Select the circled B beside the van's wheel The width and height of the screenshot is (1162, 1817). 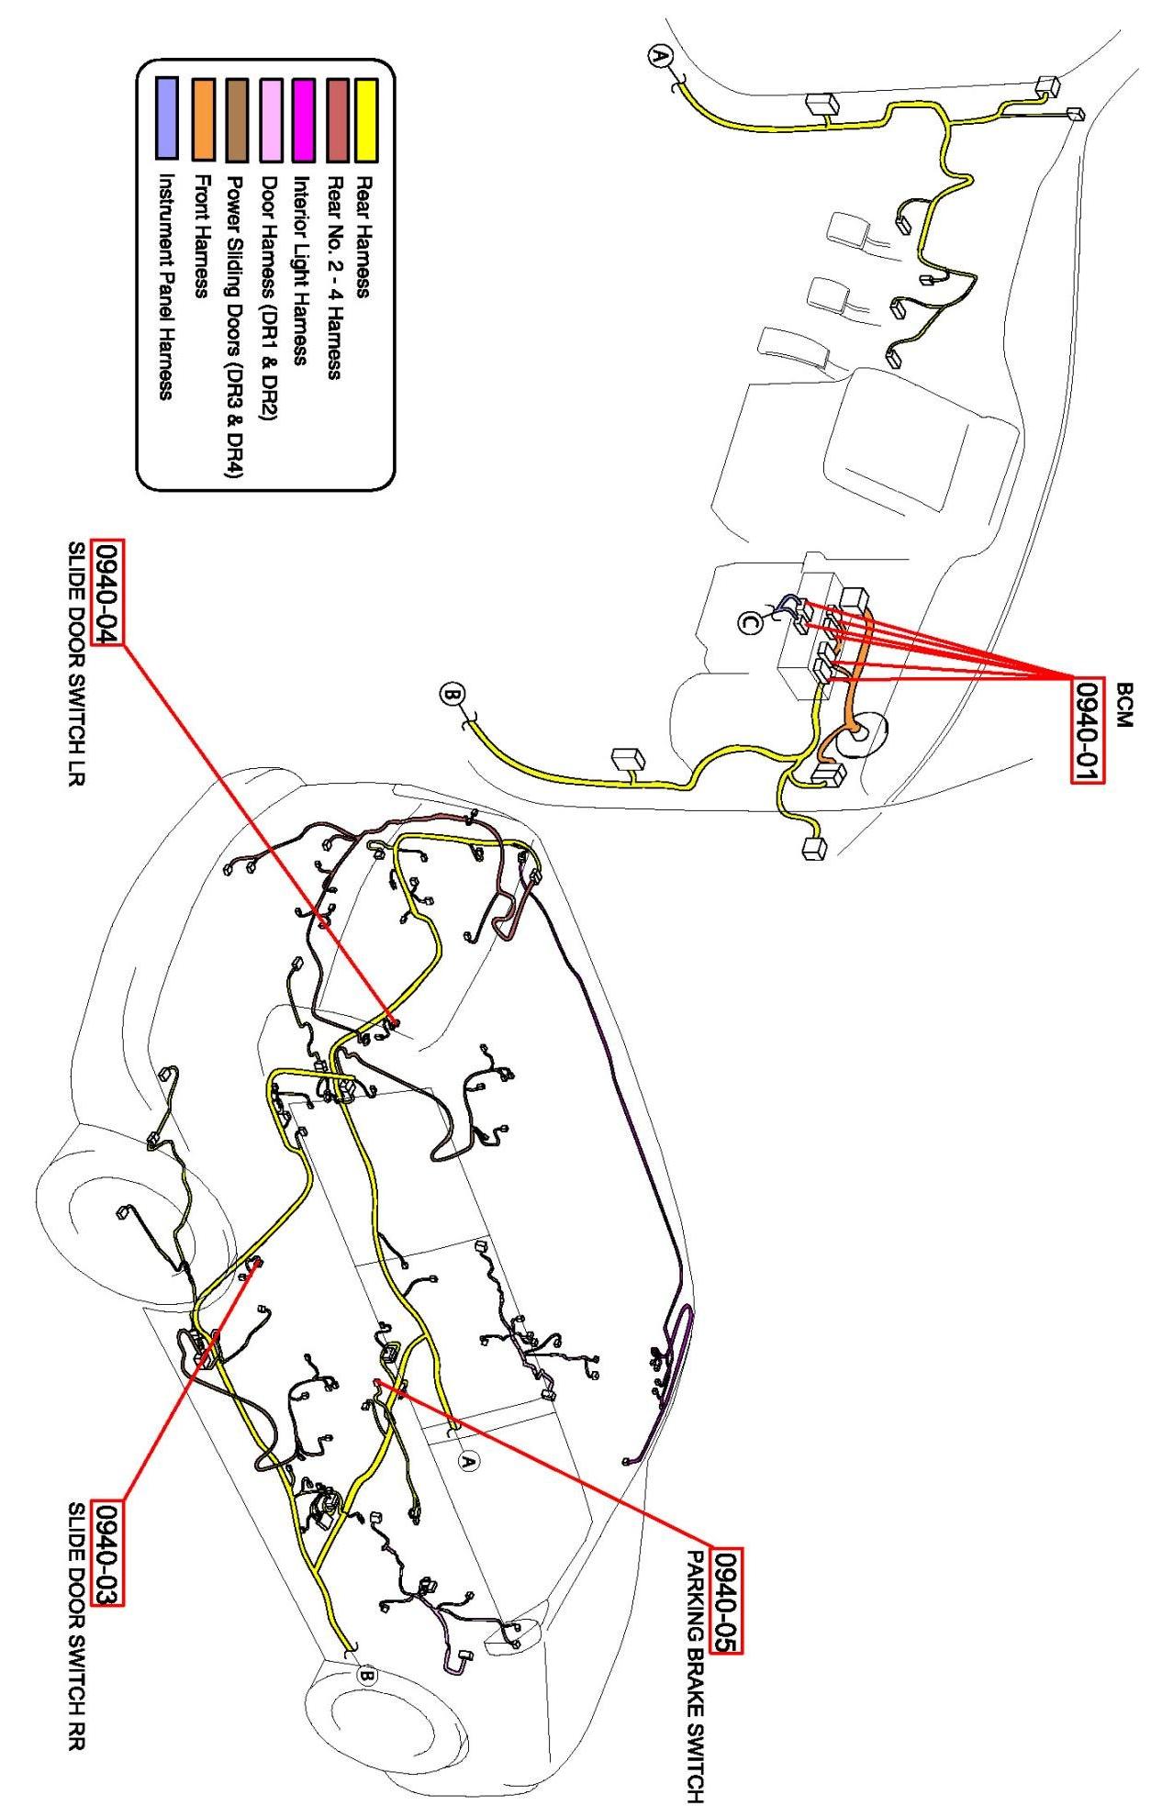pos(365,1677)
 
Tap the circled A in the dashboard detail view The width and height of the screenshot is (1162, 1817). pos(659,57)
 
